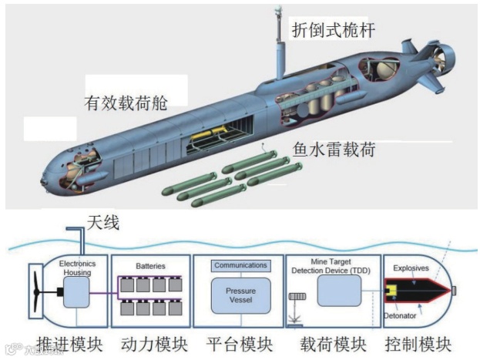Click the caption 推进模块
coord(63,344)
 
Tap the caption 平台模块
coord(238,344)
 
